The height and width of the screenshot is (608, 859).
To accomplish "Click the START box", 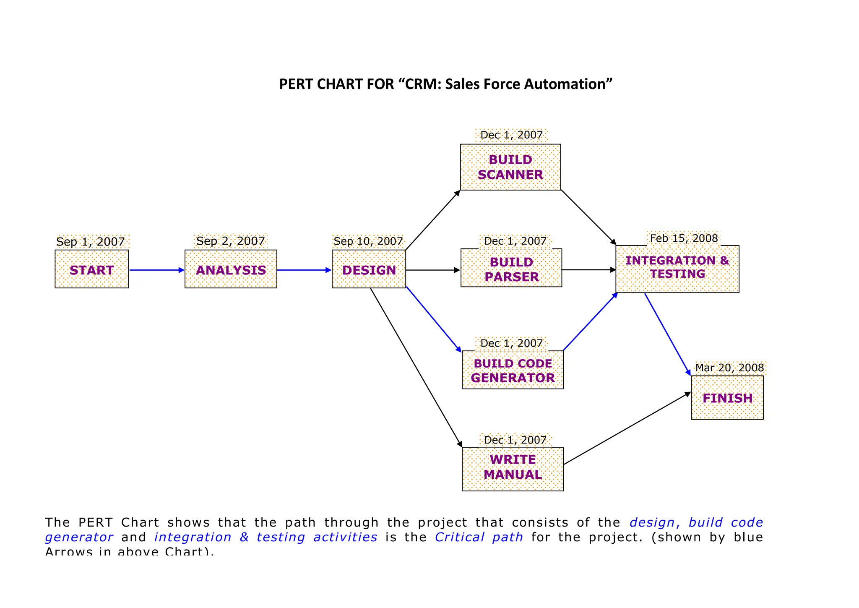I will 91,269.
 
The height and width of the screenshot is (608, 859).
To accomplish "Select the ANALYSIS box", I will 231,269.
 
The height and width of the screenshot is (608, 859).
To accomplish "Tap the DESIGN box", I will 369,269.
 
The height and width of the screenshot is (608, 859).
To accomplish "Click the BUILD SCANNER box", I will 510,167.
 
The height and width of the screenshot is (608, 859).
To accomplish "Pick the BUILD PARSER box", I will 511,269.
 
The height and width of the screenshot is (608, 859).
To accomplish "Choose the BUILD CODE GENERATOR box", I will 512,370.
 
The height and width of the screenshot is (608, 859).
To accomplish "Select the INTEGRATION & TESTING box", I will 677,269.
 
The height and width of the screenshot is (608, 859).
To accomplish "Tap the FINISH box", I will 727,397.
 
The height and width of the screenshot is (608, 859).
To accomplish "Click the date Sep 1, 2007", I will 91,242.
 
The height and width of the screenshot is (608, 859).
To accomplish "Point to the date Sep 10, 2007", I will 368,241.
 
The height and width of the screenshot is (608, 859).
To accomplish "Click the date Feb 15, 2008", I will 684,238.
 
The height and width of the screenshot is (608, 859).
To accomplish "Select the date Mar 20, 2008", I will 729,368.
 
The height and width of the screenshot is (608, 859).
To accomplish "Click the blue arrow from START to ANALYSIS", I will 156,270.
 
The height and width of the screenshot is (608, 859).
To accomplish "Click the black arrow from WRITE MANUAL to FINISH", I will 627,428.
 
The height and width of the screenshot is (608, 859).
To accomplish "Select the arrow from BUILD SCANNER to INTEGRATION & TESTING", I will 588,217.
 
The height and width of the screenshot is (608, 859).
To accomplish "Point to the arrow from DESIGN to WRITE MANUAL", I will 415,367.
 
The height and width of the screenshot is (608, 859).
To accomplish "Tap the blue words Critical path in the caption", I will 479,537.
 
